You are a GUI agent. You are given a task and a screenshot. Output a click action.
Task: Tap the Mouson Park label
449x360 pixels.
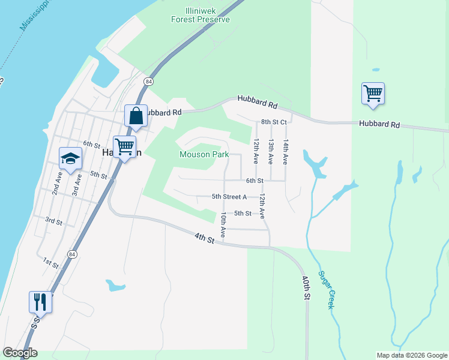pyautogui.click(x=203, y=154)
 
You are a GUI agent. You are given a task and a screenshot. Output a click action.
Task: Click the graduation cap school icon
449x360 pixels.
pyautogui.click(x=70, y=159)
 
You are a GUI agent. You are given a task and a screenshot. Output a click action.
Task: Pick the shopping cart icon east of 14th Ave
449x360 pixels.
pyautogui.click(x=373, y=94)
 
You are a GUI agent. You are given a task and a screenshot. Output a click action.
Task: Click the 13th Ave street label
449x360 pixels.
pyautogui.click(x=271, y=152)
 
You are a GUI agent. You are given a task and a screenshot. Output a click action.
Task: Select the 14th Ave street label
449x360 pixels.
pyautogui.click(x=286, y=152)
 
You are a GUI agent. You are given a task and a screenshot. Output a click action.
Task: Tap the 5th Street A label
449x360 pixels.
pyautogui.click(x=229, y=196)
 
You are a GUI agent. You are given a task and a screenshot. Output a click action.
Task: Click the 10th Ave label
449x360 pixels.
pyautogui.click(x=223, y=225)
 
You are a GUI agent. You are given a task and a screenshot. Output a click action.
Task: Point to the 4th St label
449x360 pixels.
pyautogui.click(x=204, y=238)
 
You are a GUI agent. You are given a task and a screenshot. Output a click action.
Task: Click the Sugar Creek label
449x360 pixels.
pyautogui.click(x=325, y=290)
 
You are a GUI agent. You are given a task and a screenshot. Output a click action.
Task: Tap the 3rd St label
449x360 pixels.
pyautogui.click(x=53, y=221)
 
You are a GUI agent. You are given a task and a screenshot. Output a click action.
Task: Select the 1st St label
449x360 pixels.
pyautogui.click(x=50, y=262)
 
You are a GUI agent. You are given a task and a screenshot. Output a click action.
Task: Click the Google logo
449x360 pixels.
pyautogui.click(x=20, y=353)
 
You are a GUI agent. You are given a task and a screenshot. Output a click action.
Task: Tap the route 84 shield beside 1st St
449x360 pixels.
pyautogui.click(x=72, y=254)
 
